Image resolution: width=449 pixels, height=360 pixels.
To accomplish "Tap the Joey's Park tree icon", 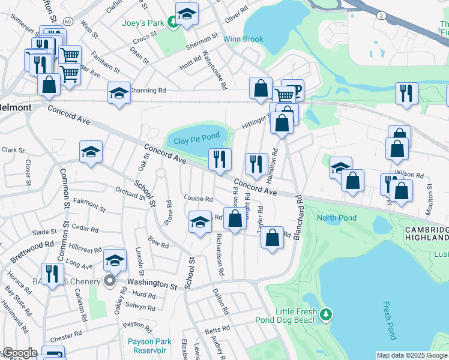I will click(x=173, y=23).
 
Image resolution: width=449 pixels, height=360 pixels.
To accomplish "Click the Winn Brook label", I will click(x=243, y=40).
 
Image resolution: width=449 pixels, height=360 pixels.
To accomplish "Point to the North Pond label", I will click(x=337, y=218).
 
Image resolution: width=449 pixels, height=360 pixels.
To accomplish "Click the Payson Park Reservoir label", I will click(x=149, y=346).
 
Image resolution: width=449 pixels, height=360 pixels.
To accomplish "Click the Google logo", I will click(x=19, y=353).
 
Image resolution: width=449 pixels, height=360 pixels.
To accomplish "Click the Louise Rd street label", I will click(x=199, y=199).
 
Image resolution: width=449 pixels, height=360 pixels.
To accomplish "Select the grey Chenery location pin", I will click(x=109, y=281).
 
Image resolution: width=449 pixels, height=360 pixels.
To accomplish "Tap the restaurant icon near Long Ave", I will click(x=52, y=274).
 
